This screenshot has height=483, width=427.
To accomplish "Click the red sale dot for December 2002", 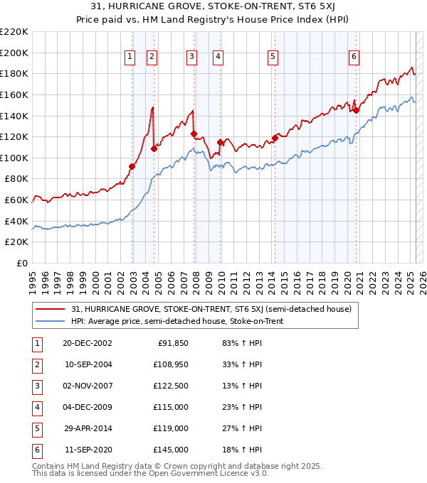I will (x=132, y=166).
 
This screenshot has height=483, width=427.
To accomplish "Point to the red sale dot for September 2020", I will (x=356, y=110).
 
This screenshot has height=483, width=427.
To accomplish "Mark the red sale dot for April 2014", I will (x=275, y=138).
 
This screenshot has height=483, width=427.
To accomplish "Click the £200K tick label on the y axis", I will (x=14, y=53).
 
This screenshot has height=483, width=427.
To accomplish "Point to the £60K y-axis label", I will (x=16, y=200).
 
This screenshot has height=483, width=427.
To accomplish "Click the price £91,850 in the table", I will (x=172, y=343).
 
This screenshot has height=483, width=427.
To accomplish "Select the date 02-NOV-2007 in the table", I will (x=88, y=386).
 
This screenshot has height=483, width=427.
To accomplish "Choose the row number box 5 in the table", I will (x=36, y=428).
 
